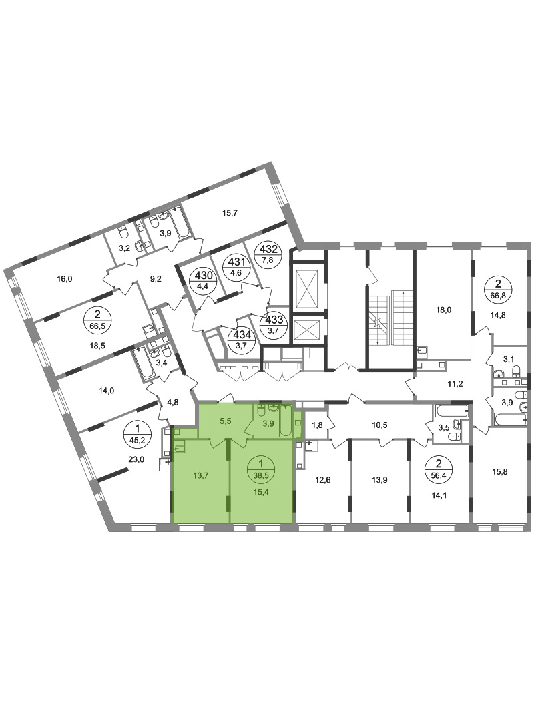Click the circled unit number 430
pos(204,280)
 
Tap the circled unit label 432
pos(268,254)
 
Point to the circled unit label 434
pos(242,339)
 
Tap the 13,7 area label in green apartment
pos(200,475)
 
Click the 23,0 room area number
pos(137,459)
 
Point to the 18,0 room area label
pos(443,310)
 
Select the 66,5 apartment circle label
pos(97,320)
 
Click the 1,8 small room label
pos(317,425)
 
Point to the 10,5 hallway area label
pos(379,425)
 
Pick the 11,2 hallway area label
pos(455,383)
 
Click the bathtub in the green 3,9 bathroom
pos(286,419)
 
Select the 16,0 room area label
pos(65,278)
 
